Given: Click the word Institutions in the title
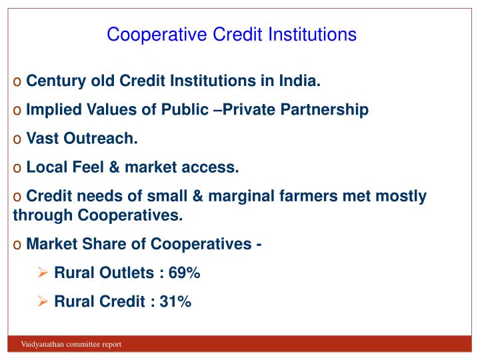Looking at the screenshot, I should [x=313, y=34].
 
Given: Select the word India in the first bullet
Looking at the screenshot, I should [x=301, y=81].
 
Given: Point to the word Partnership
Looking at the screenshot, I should [x=326, y=110].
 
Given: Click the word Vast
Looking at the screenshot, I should [x=41, y=139].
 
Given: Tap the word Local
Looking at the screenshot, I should [x=45, y=167].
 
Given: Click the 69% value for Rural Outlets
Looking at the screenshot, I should [x=185, y=273].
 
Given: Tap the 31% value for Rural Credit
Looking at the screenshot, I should [x=175, y=302].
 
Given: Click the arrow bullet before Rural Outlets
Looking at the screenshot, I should [x=43, y=273].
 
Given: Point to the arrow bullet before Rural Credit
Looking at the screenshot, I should [x=43, y=302].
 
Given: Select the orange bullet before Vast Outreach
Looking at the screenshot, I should [x=17, y=139].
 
